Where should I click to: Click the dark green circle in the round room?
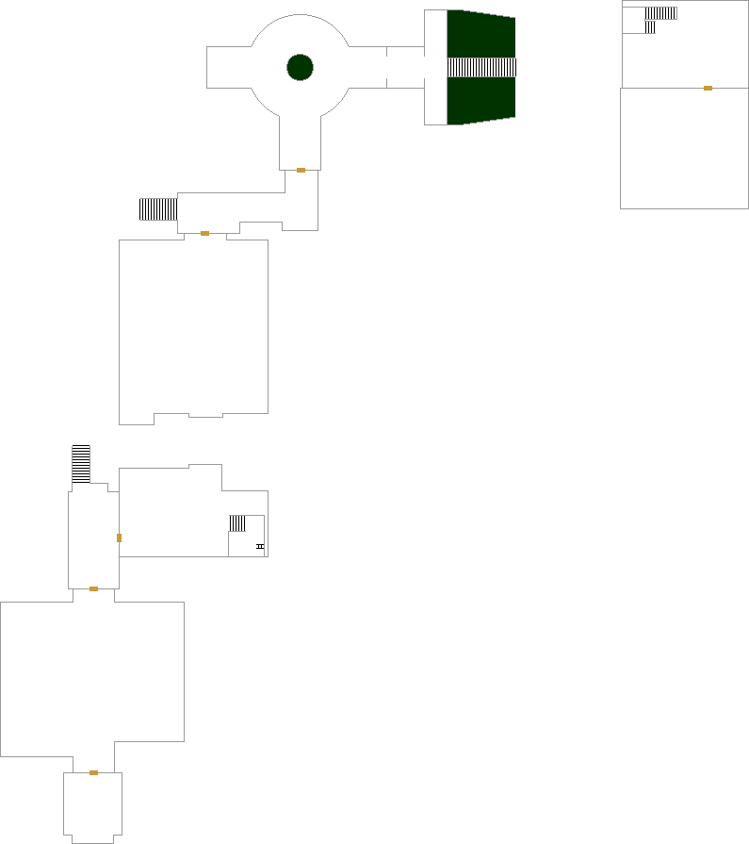point(300,67)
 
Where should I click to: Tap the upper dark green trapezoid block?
point(480,34)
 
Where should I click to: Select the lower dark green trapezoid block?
point(480,100)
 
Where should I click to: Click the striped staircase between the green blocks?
point(481,67)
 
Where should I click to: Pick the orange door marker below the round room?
point(301,170)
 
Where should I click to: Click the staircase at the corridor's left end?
point(158,208)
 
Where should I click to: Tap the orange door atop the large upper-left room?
point(204,233)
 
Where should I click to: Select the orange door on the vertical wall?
point(119,538)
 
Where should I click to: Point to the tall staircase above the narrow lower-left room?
point(81,464)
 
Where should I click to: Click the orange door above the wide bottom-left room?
point(93,588)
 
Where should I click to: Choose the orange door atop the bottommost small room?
point(93,772)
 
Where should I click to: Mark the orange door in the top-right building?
point(708,88)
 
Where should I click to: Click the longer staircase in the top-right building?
point(661,13)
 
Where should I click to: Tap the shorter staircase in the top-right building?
point(650,27)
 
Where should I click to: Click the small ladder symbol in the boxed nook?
point(260,546)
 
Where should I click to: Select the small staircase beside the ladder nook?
point(237,522)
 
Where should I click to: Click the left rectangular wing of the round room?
point(228,67)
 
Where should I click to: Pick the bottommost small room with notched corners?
point(92,806)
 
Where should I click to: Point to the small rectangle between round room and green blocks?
point(405,67)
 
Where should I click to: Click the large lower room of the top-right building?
point(683,148)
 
